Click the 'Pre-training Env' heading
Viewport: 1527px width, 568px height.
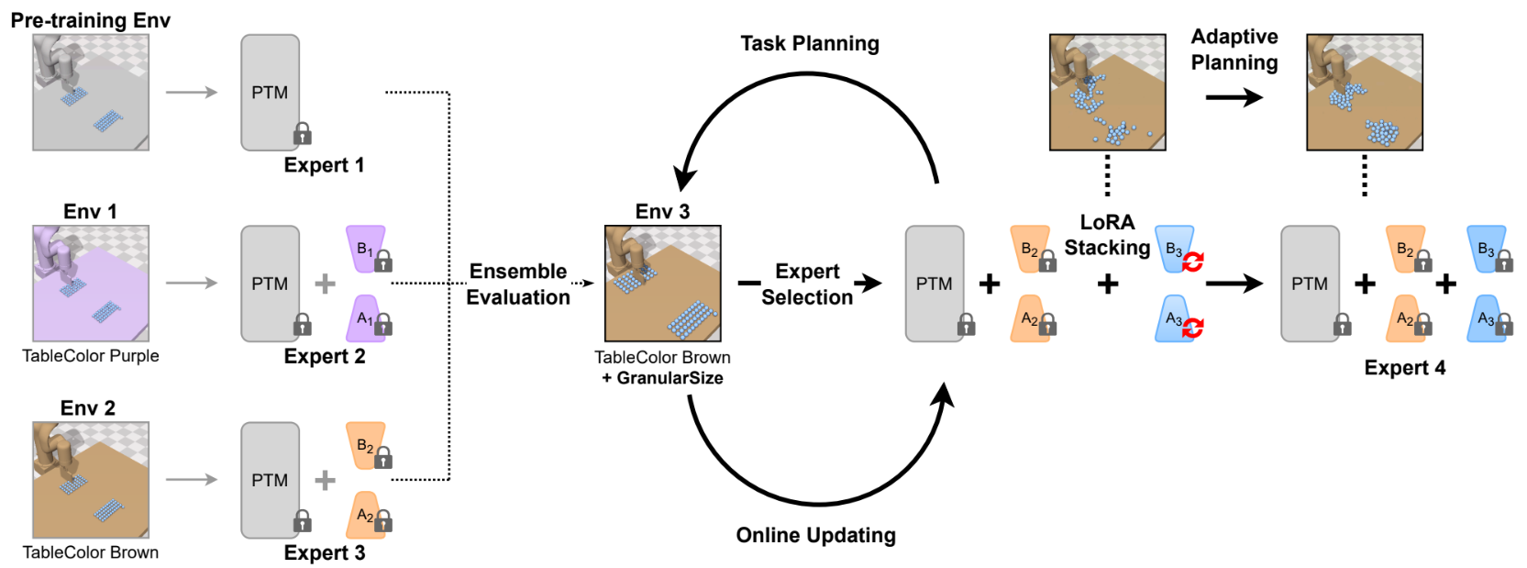coord(90,20)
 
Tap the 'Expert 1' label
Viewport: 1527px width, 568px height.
coord(324,165)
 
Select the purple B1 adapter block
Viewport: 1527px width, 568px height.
coord(365,248)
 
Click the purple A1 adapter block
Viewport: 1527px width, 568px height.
coord(365,318)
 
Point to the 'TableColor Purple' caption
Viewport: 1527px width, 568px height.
coord(91,356)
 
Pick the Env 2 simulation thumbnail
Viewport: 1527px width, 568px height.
coord(91,480)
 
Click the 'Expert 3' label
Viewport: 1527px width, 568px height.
coord(324,552)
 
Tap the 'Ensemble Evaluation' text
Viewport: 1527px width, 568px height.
coord(518,284)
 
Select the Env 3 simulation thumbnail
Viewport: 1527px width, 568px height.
coord(662,283)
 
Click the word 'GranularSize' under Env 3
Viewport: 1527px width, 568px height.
coord(669,378)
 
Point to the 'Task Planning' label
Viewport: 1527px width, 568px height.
coord(810,43)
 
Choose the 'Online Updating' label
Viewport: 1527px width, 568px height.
coord(815,535)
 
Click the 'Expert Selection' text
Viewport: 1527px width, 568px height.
coord(807,284)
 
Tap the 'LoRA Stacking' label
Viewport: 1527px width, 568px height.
coord(1107,235)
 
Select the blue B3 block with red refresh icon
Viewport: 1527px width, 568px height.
coord(1175,249)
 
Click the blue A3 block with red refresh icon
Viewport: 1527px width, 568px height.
coord(1175,318)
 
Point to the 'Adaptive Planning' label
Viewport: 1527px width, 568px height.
coord(1234,50)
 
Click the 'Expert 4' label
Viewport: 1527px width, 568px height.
coord(1404,368)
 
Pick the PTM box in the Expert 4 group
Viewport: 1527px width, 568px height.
coord(1310,284)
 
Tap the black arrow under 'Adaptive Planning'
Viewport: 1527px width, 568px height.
coord(1234,97)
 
